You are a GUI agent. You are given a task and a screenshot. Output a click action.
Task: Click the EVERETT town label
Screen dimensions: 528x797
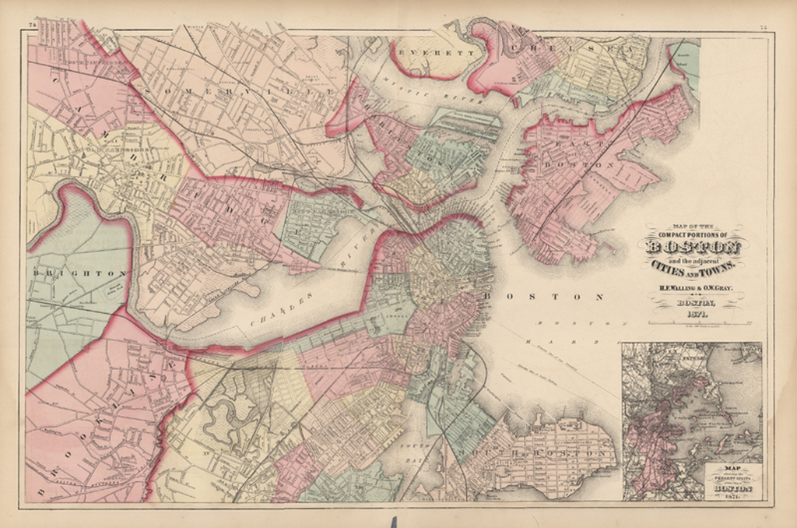427,52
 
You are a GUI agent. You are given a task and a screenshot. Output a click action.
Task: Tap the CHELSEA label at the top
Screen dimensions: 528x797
576,49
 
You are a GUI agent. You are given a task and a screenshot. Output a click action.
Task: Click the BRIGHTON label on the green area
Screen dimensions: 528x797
79,273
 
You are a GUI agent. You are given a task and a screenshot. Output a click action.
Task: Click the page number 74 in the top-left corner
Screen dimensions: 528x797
33,26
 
